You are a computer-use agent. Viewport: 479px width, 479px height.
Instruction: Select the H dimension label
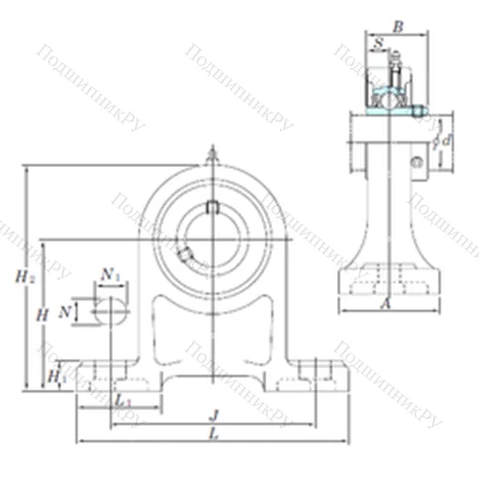point(41,314)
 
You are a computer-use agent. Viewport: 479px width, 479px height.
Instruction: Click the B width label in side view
point(398,27)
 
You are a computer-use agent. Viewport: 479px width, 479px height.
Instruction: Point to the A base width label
point(384,304)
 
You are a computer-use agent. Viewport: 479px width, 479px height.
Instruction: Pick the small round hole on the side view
point(416,162)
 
